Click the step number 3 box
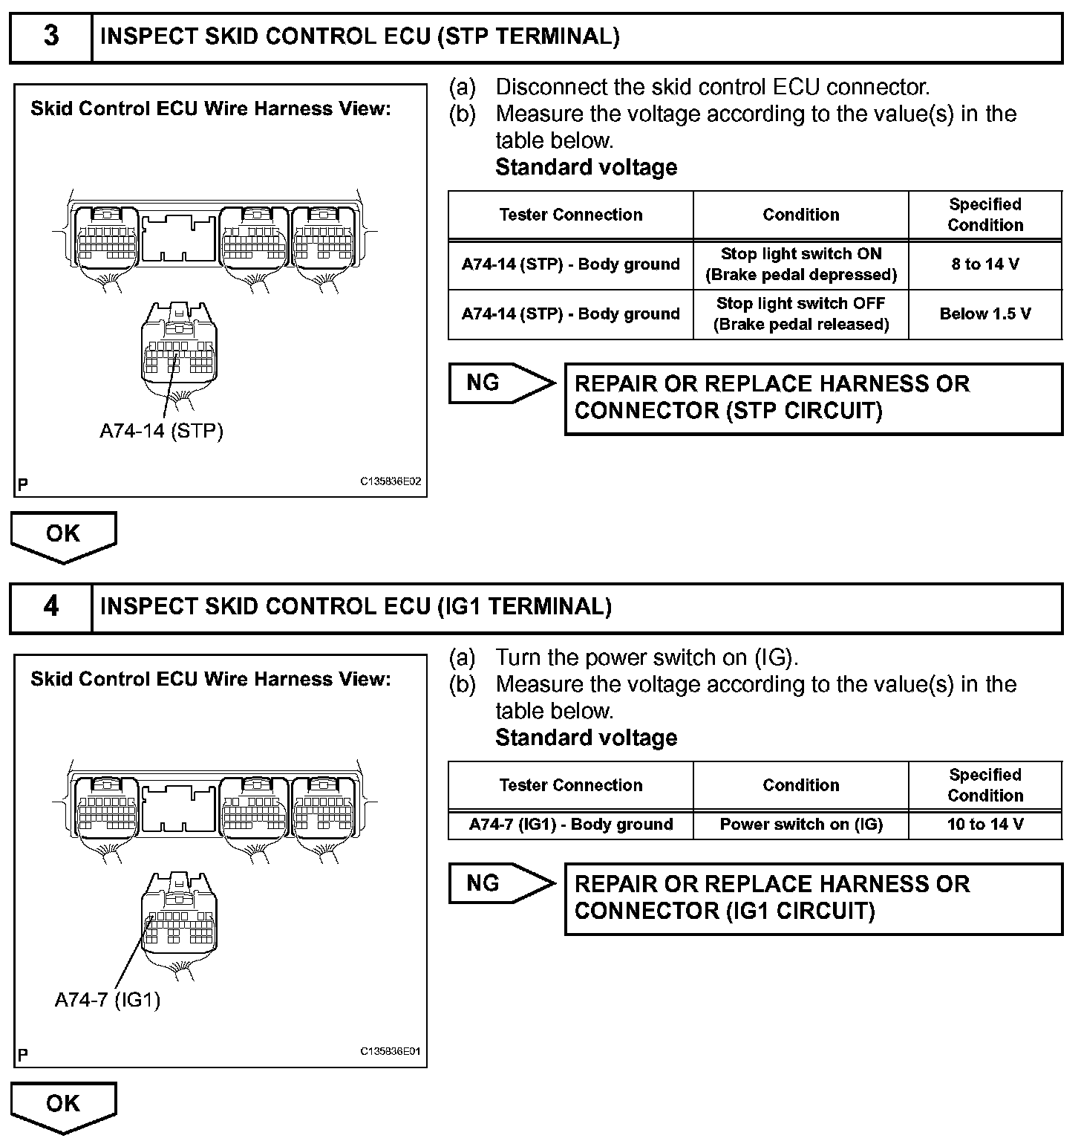(50, 37)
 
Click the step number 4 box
(50, 607)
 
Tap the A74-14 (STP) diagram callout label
(161, 431)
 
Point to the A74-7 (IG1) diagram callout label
(108, 1000)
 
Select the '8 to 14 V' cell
(985, 264)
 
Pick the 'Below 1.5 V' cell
(985, 314)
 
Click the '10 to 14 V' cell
(985, 825)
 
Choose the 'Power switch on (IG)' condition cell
(800, 825)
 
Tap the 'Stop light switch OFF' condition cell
(800, 314)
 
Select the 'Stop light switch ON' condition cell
(800, 264)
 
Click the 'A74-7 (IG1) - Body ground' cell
(570, 825)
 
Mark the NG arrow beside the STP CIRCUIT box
(500, 383)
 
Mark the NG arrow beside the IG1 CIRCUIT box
(500, 883)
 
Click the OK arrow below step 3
(63, 535)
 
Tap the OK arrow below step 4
(63, 1105)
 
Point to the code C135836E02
(391, 481)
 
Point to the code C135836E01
(391, 1052)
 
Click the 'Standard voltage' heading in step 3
(586, 167)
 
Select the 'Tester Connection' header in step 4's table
(570, 785)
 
